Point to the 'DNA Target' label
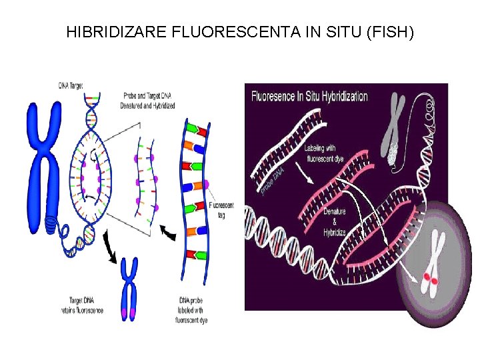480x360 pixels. pyautogui.click(x=71, y=85)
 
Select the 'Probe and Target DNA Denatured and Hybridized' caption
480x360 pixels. pyautogui.click(x=147, y=101)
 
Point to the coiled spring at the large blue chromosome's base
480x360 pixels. pyautogui.click(x=51, y=225)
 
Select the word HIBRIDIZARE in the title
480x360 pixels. pyautogui.click(x=110, y=31)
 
